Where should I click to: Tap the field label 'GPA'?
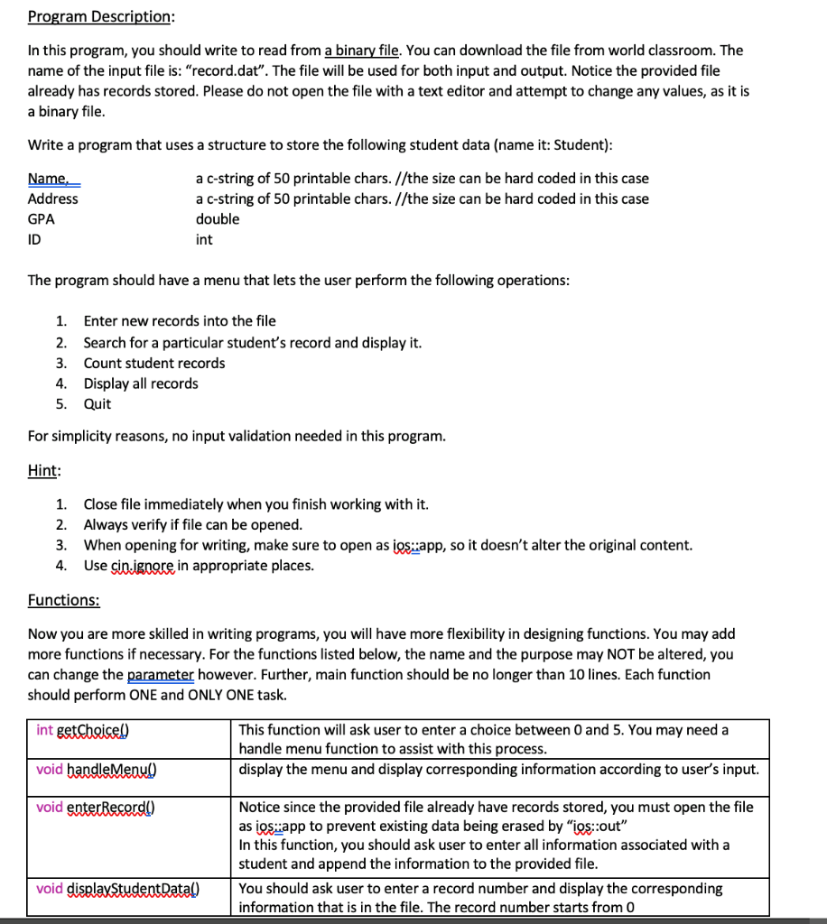[x=42, y=219]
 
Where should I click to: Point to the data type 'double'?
[x=218, y=219]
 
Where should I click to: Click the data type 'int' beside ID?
[x=204, y=240]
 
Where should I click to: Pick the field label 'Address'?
[x=53, y=199]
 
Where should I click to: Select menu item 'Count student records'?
[x=154, y=363]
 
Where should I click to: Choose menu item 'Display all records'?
[x=141, y=383]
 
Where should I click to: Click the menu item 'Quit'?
[x=98, y=404]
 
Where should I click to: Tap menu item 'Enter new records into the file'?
[x=180, y=321]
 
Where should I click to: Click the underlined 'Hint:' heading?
[x=44, y=469]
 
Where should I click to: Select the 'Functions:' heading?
[x=64, y=600]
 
